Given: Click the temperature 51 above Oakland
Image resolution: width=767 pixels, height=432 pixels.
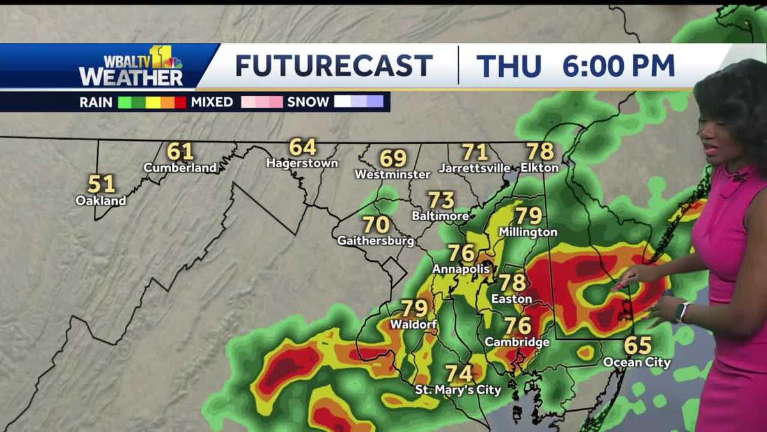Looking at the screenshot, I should [x=101, y=184].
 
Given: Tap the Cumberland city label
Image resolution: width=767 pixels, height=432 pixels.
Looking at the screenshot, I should [x=180, y=168].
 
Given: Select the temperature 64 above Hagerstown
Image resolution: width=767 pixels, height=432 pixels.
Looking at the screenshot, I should [x=302, y=147].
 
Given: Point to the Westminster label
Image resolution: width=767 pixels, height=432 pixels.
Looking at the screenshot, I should [x=392, y=174].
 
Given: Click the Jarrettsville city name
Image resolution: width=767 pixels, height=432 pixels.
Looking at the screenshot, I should [x=474, y=168].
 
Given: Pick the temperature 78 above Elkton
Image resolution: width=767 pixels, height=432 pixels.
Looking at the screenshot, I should [x=540, y=152].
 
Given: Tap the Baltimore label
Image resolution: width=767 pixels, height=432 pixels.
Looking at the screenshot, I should [x=440, y=216].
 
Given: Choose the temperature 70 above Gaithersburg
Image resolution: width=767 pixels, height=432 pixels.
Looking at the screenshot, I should [x=376, y=225].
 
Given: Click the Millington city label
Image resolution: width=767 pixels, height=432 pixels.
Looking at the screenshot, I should [x=528, y=232].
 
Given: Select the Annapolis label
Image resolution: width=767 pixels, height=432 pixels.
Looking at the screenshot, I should [x=461, y=269].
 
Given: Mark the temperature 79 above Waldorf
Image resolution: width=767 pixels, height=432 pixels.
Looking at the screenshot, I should [x=414, y=308].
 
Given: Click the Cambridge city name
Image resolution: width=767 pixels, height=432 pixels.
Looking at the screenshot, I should [x=516, y=342].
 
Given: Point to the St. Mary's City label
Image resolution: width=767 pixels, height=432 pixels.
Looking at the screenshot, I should [x=458, y=389].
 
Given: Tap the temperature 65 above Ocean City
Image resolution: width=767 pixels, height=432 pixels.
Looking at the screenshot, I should [x=637, y=346].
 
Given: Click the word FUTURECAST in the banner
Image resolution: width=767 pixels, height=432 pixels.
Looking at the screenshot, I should [x=334, y=66].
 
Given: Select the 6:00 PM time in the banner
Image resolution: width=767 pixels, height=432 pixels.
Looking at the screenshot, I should [x=618, y=66].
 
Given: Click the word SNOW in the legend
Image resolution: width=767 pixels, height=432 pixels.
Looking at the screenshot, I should [x=308, y=102].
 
